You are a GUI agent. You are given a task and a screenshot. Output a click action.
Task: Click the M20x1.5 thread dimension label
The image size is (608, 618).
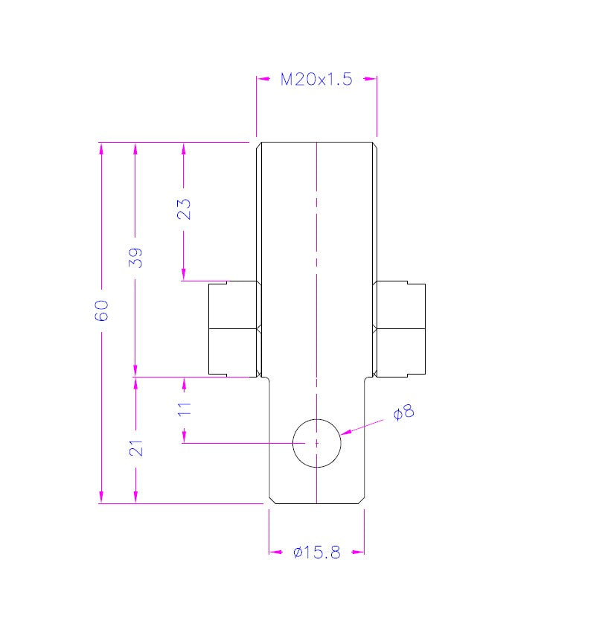click(x=316, y=80)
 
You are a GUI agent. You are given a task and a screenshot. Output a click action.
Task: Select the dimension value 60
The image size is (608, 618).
click(x=102, y=310)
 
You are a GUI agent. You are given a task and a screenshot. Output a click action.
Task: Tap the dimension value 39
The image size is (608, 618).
click(x=135, y=257)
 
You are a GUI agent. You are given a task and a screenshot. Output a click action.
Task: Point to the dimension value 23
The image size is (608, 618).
click(x=183, y=208)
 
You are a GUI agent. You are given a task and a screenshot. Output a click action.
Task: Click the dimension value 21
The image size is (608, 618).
click(x=135, y=447)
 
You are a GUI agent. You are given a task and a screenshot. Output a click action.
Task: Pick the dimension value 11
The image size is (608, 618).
click(x=184, y=408)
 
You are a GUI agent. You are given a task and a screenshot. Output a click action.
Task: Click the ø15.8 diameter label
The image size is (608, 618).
click(x=316, y=552)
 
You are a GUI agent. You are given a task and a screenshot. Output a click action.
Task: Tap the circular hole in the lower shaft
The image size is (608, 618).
click(x=316, y=443)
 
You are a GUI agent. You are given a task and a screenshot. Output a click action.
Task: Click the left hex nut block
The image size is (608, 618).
click(x=233, y=328)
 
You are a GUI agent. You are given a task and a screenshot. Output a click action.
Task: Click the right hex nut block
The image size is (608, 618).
click(x=400, y=328)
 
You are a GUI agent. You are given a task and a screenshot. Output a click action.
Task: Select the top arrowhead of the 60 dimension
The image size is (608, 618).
click(x=102, y=147)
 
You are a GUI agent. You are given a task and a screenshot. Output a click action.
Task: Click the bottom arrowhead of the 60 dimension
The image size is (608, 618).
click(x=102, y=497)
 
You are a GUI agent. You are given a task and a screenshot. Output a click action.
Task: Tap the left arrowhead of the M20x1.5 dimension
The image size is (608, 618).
click(x=263, y=79)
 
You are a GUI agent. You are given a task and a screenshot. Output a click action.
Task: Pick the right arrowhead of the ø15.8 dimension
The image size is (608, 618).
click(x=358, y=552)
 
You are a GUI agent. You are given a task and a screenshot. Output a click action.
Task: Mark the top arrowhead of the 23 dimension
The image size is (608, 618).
click(x=183, y=147)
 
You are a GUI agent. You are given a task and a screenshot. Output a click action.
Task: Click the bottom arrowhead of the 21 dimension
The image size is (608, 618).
click(x=135, y=497)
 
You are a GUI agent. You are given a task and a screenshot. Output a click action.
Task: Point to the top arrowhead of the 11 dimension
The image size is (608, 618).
click(x=183, y=383)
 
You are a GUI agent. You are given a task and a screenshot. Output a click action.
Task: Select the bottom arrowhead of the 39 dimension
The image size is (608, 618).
click(x=135, y=371)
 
